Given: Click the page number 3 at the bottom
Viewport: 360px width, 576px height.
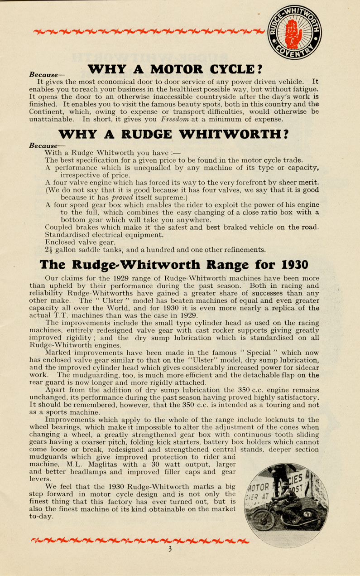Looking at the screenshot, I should pos(170,549).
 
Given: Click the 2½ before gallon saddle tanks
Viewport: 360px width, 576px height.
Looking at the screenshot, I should pos(50,249).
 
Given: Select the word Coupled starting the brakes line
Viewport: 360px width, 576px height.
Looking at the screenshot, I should pos(59,227).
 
